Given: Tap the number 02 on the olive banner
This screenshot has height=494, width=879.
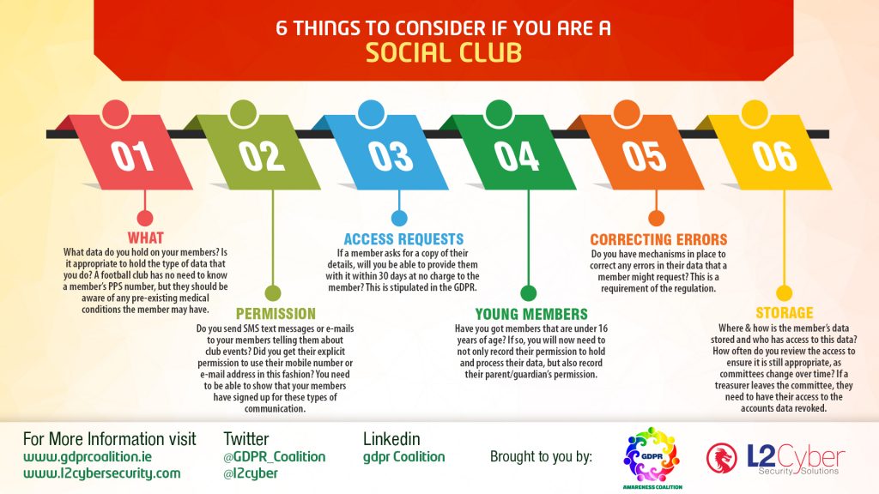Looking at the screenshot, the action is point(262,156).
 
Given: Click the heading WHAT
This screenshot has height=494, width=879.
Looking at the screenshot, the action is point(145,238).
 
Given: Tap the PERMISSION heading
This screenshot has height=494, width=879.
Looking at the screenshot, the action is point(276,314).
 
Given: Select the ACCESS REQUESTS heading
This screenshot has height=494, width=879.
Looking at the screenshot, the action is point(403,239).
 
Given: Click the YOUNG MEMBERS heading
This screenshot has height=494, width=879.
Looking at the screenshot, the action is point(531,314).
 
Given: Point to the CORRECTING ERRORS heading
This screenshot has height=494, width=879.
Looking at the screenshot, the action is point(658,240).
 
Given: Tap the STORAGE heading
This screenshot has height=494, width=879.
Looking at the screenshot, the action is point(785,312).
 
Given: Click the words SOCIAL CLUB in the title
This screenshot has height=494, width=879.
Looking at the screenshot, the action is point(444,53).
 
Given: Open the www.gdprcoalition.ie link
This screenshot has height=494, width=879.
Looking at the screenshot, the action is point(88,457).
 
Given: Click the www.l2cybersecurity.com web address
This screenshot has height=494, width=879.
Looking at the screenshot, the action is point(102,473).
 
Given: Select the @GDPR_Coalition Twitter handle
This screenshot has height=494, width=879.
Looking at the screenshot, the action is point(274,457).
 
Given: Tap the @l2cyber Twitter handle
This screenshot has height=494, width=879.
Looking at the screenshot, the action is point(251,473).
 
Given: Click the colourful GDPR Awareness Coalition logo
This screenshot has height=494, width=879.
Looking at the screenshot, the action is point(652,456).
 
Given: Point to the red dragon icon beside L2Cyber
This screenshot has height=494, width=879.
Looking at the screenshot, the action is point(721,458).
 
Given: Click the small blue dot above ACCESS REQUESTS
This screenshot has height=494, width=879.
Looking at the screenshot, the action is point(399,219).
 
